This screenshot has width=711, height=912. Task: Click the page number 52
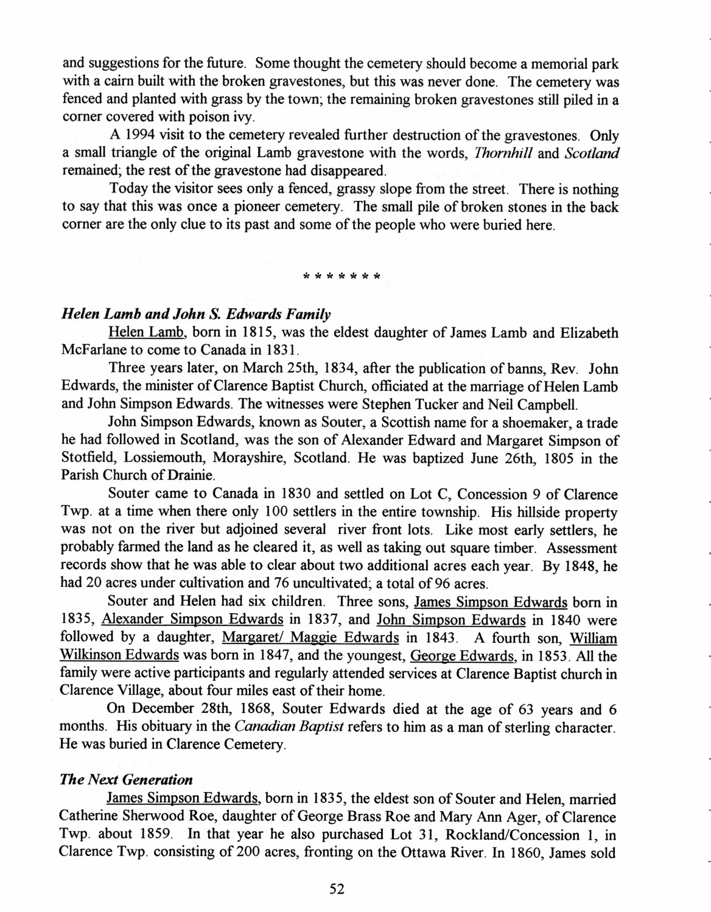tap(337, 889)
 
